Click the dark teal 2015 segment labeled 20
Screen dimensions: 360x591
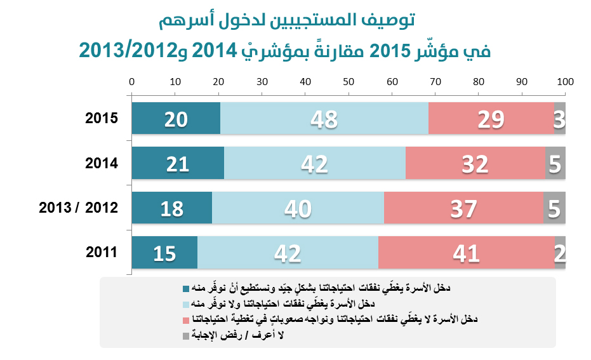pos(176,118)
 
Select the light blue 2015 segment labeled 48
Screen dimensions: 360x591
pos(324,118)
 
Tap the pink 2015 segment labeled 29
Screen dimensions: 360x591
pos(491,118)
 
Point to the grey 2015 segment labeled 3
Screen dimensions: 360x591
pos(560,118)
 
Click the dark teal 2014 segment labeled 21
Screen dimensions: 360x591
pos(178,163)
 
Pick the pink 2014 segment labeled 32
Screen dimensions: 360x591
pos(475,163)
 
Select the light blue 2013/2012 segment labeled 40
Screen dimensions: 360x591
pos(298,208)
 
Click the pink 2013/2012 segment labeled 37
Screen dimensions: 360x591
pos(463,208)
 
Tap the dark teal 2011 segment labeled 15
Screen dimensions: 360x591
pos(164,253)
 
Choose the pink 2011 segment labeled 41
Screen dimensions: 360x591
pos(466,253)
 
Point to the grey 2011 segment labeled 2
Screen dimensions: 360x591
pos(560,253)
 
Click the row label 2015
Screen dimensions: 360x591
pos(102,118)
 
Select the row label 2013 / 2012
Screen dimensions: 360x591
pos(79,208)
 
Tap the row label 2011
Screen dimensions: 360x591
pos(102,252)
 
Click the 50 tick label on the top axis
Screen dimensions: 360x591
pos(349,82)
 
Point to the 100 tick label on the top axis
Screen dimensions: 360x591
pos(565,82)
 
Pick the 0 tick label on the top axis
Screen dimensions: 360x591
pos(131,82)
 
